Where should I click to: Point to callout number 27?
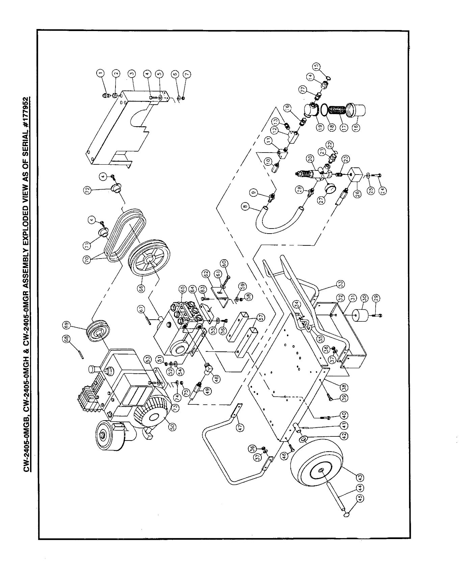(x=321, y=199)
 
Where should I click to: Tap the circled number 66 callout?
(x=141, y=288)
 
